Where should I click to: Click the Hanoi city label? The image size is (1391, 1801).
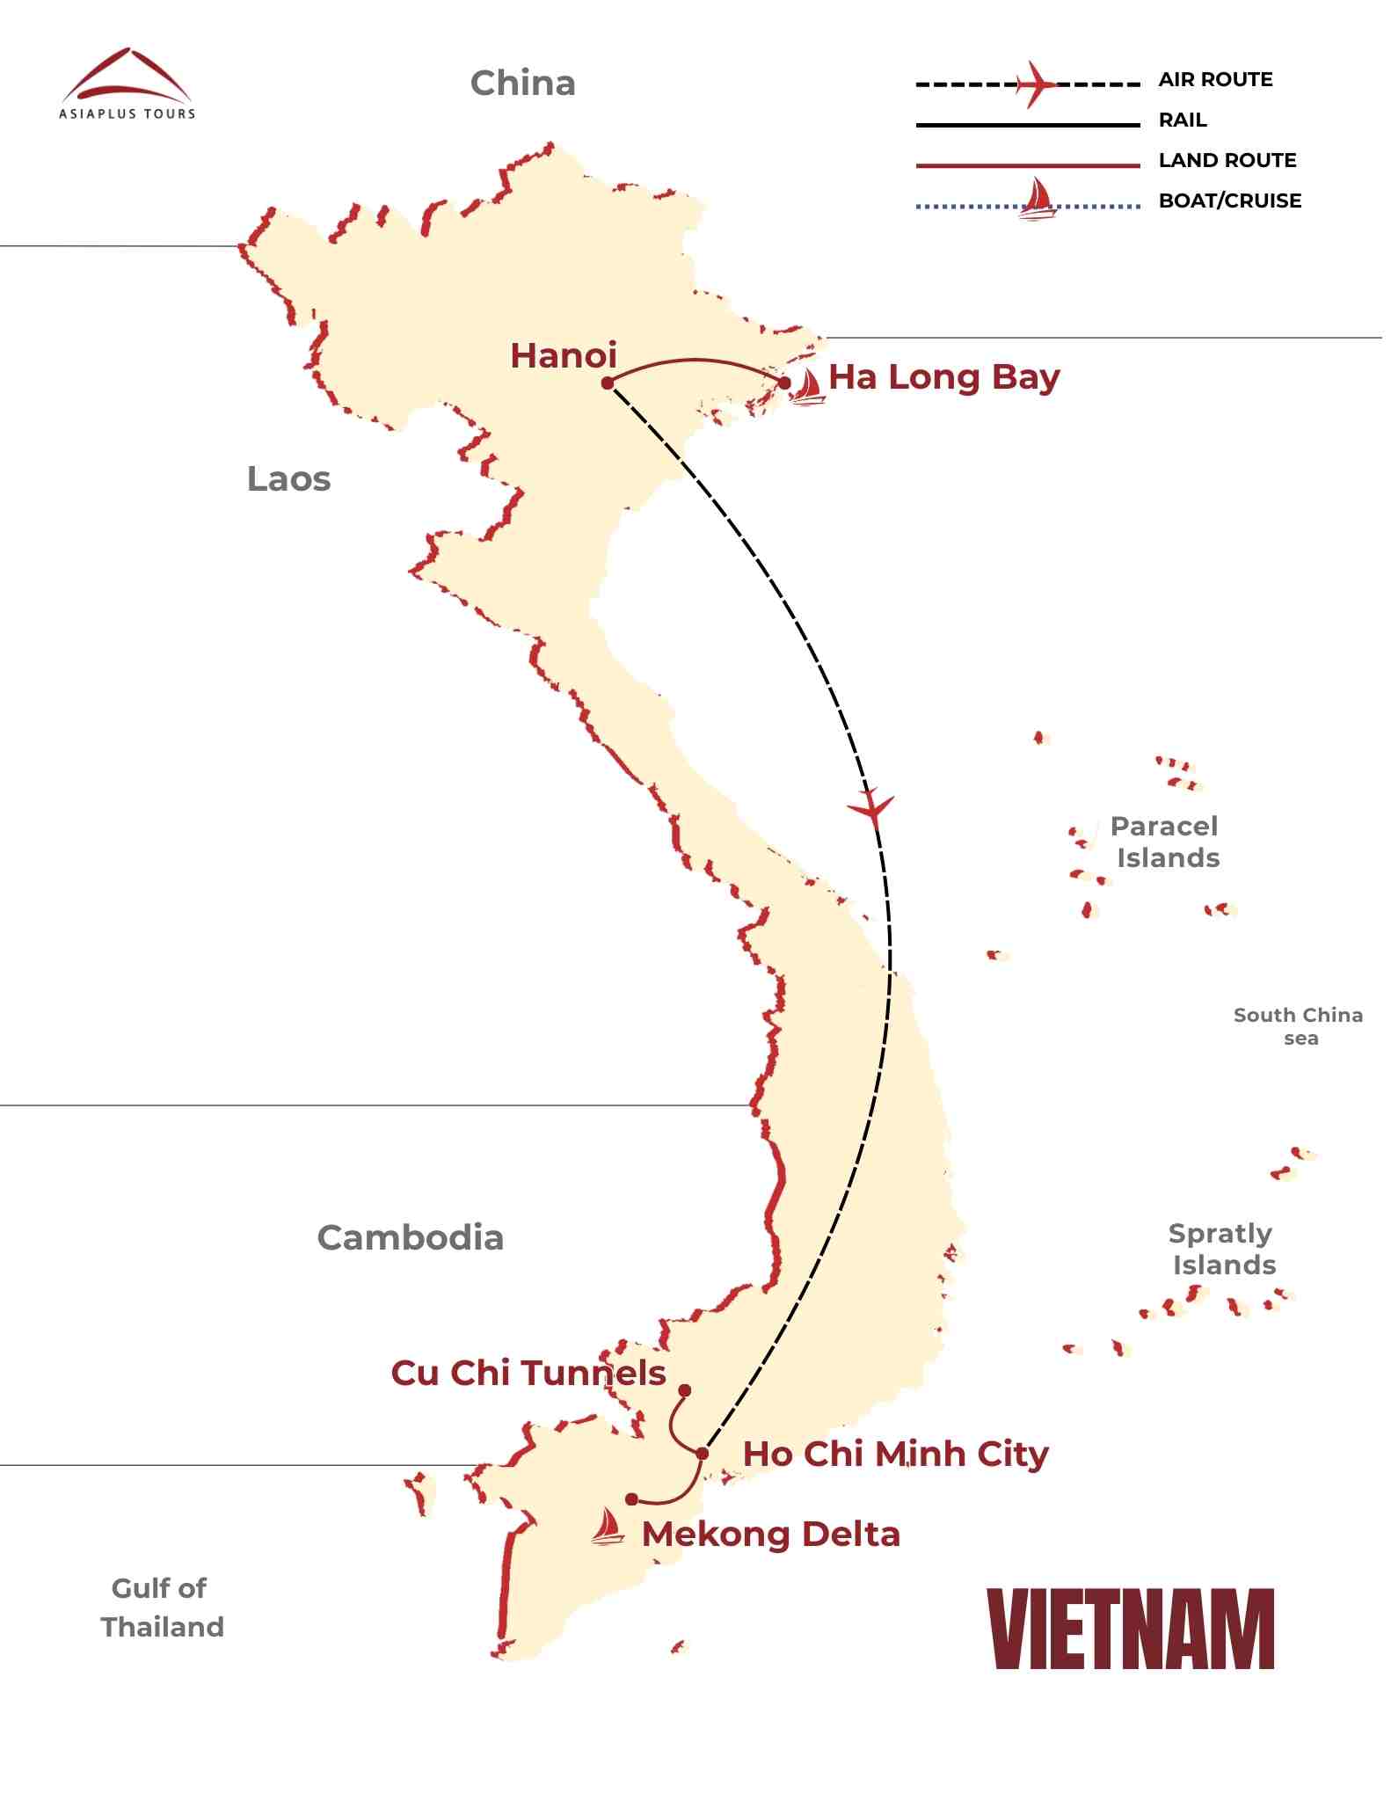click(x=564, y=356)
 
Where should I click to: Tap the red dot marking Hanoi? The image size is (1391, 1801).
click(x=608, y=383)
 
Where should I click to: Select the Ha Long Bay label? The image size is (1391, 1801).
click(x=943, y=377)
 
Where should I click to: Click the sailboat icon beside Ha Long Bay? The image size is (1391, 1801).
click(x=806, y=387)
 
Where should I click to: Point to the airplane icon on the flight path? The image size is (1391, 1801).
click(x=871, y=807)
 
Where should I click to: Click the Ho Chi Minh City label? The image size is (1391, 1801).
click(x=895, y=1454)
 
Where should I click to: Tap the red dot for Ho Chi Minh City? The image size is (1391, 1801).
click(x=703, y=1453)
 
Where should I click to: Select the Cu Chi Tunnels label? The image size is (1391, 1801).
click(x=528, y=1373)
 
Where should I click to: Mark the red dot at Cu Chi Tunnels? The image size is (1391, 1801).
click(x=685, y=1390)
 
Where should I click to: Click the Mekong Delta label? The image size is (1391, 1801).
click(x=771, y=1535)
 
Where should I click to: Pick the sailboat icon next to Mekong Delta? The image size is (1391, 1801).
click(x=607, y=1527)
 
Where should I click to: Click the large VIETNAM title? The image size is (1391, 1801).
click(x=1131, y=1630)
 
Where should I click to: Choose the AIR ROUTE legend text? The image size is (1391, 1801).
click(x=1215, y=80)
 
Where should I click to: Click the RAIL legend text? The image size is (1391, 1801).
click(x=1183, y=120)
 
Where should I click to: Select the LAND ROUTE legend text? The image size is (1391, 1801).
click(x=1227, y=161)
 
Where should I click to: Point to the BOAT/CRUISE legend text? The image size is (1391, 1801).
click(x=1230, y=201)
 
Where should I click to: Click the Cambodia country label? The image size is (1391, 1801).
click(x=410, y=1237)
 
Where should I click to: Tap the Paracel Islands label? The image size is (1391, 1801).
click(x=1166, y=842)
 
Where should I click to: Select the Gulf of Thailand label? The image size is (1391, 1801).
click(x=162, y=1608)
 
